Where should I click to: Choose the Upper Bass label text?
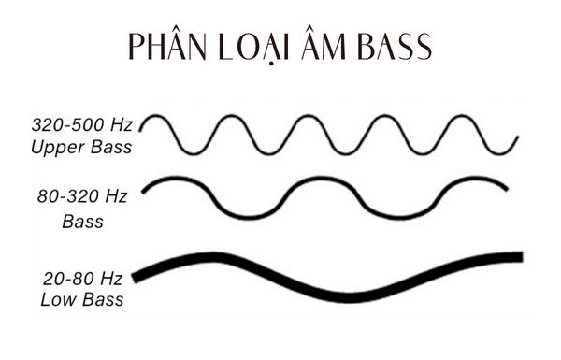click(80, 148)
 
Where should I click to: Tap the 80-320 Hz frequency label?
click(81, 198)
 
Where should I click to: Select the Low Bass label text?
click(82, 301)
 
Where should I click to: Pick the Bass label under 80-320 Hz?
click(82, 223)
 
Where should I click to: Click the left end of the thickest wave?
click(137, 277)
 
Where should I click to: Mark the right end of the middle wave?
click(507, 189)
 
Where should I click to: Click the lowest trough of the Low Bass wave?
click(351, 297)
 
